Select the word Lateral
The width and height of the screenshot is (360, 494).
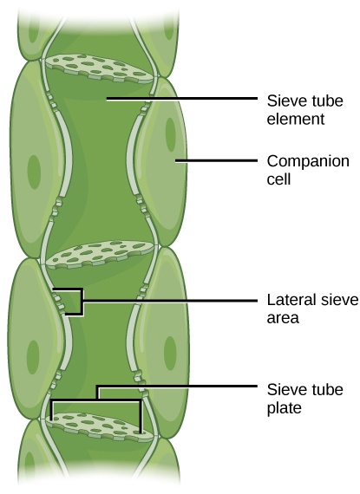287,301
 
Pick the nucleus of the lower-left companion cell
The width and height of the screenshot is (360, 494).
33,355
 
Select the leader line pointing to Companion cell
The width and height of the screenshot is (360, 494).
217,161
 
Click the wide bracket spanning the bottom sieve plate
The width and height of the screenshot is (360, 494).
97,401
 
